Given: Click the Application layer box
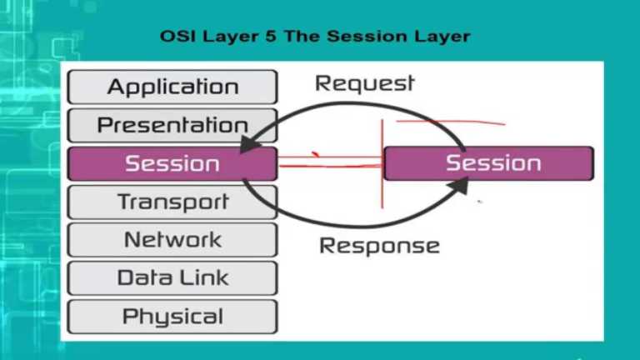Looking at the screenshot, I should [172, 87].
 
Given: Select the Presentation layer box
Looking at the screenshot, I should [172, 125].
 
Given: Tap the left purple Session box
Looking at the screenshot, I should [172, 163].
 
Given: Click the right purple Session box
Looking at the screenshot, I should [489, 163].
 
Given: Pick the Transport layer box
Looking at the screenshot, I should [172, 202].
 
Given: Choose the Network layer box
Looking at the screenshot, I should [172, 240].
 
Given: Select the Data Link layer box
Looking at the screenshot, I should [172, 278].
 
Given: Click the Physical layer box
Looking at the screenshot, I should [172, 317].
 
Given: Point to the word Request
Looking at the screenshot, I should [364, 83].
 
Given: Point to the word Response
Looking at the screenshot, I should [379, 246].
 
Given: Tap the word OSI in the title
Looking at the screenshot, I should [175, 37].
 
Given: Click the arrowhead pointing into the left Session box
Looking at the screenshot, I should [247, 145].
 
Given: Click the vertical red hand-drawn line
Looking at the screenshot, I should [382, 167].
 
